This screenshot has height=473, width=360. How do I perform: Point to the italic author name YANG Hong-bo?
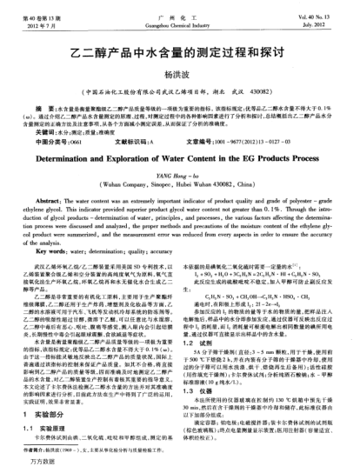point(179,179)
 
